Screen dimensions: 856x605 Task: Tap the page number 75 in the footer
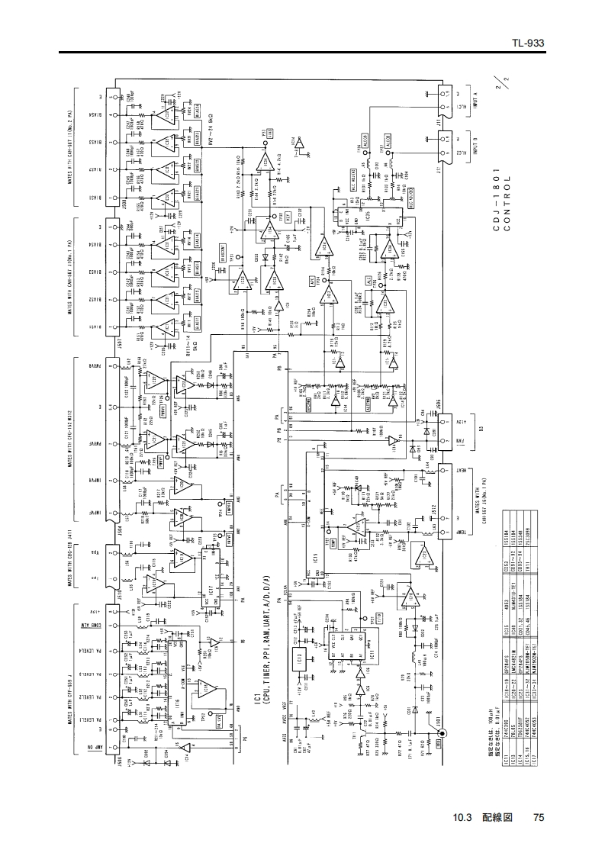(x=539, y=818)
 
